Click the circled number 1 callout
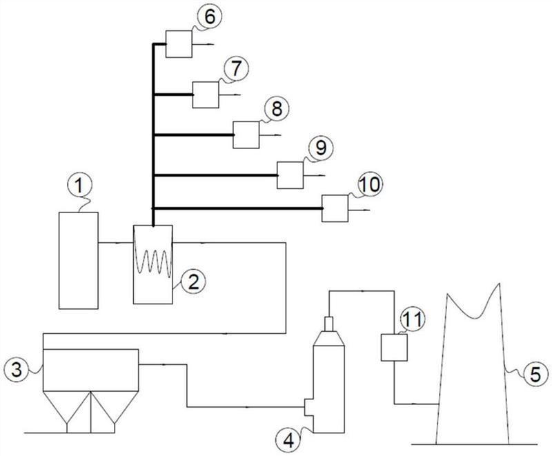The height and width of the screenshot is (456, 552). coord(80,186)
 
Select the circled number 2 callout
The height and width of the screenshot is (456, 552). coord(193,282)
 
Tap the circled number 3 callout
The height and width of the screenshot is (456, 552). coord(17,370)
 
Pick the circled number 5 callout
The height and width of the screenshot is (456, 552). coord(535,375)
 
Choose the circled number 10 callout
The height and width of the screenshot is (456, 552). coord(371,185)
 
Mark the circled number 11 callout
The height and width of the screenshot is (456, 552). coord(413,320)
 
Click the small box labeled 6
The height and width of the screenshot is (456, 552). coord(179,44)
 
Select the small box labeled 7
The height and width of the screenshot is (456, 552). coord(206,95)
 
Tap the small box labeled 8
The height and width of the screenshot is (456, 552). coord(246,135)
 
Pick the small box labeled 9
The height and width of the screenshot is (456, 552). coord(290,175)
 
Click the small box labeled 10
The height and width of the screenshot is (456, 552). coord(335,208)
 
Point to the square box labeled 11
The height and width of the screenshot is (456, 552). coord(394,347)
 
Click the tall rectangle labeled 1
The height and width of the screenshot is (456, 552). coord(79,261)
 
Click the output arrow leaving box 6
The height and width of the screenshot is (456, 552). coord(203,44)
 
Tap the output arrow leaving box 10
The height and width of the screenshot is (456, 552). coord(359,210)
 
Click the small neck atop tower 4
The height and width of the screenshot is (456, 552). coord(329,324)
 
